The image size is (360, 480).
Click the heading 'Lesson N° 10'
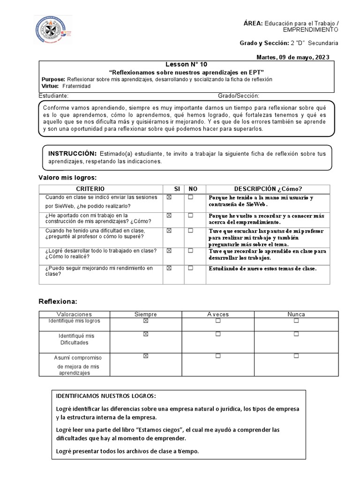186,64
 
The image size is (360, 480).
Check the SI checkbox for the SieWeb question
169,197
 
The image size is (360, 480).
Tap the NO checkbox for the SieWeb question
191,197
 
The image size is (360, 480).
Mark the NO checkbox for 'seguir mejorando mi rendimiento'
191,268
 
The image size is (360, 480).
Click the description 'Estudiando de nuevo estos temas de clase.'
262,269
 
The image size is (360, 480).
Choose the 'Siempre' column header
145,314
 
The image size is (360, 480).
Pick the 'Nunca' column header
296,314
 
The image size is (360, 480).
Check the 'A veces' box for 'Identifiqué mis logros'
218,321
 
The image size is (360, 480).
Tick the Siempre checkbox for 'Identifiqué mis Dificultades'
145,334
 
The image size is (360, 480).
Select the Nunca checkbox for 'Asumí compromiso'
296,356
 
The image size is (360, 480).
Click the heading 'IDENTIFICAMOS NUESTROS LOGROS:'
106,395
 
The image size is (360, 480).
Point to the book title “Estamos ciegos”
155,430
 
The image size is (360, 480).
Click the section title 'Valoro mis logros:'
67,177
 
